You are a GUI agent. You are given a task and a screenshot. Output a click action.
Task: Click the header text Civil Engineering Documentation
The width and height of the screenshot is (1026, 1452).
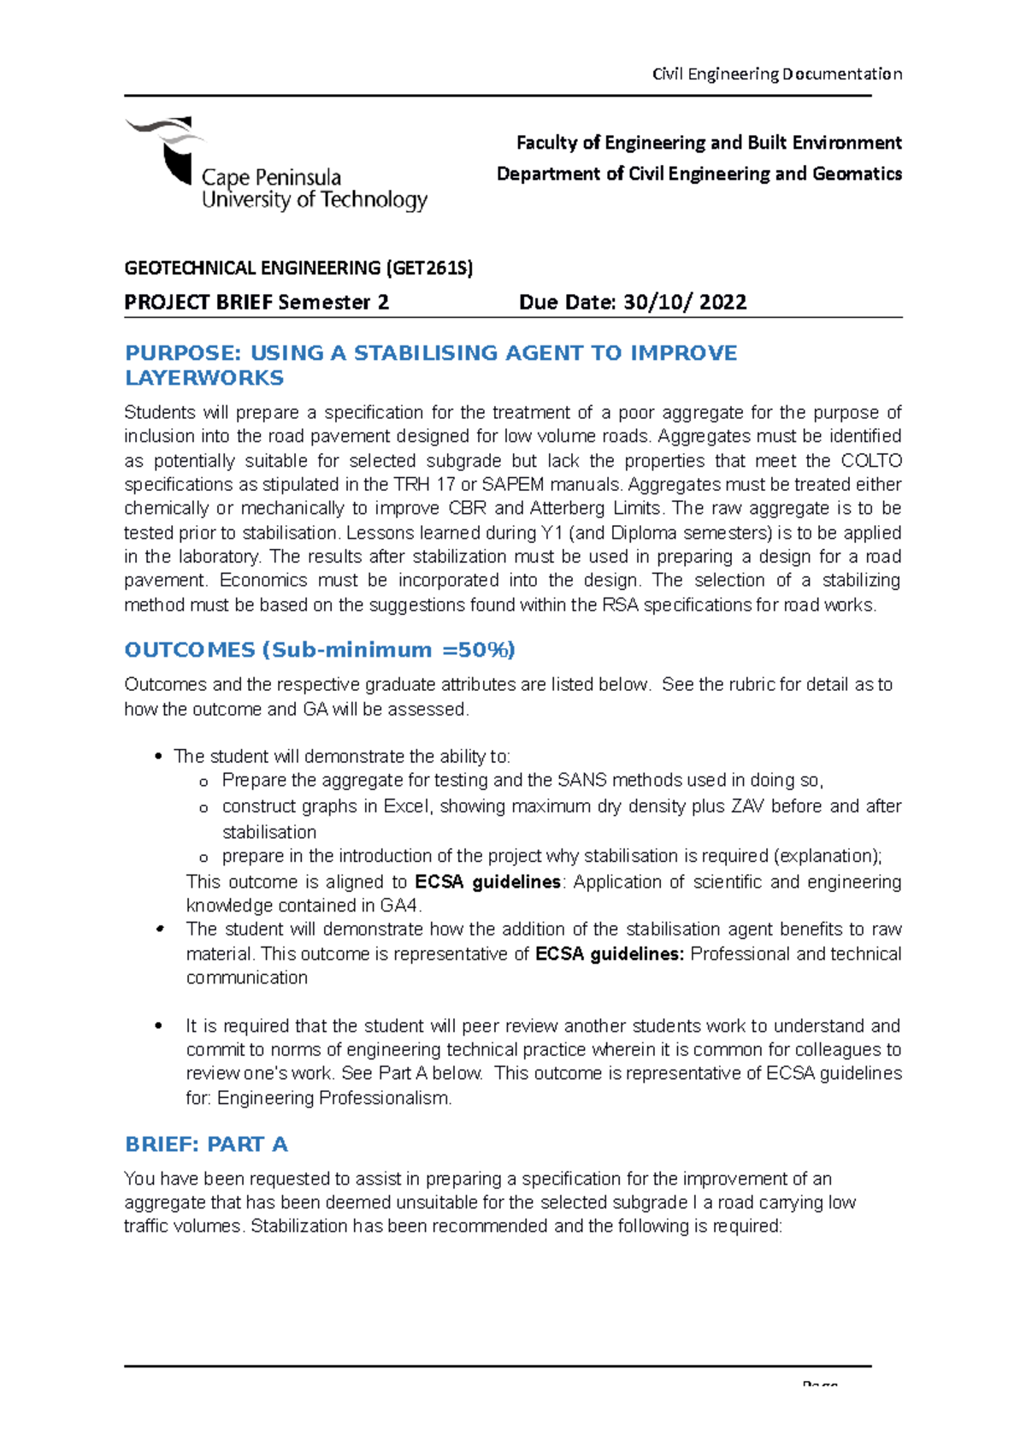pos(776,74)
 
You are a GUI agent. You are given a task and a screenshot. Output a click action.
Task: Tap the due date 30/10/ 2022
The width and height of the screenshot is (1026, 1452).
pos(685,302)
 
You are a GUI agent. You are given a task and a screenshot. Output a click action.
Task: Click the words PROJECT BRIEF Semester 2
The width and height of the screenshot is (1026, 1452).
pos(256,302)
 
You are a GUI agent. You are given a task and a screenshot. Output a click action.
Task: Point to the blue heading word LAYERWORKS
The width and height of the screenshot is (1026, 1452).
pos(204,378)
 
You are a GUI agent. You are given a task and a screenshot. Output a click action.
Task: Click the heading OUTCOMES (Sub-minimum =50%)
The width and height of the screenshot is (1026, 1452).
pos(319,650)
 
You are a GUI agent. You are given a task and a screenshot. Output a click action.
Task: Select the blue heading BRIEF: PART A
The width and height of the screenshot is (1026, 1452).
pos(206,1144)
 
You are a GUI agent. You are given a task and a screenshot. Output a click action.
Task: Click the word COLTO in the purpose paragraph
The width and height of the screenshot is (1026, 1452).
pos(871,461)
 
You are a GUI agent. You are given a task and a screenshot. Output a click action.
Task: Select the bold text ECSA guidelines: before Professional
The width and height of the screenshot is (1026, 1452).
pos(610,953)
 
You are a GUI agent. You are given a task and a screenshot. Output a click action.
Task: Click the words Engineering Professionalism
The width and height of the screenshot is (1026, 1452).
pos(333,1098)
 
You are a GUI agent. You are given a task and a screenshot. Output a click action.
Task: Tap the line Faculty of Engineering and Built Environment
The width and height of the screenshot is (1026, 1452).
pos(709,143)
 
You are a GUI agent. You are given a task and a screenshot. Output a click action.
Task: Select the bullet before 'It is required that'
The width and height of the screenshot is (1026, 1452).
pos(158,1026)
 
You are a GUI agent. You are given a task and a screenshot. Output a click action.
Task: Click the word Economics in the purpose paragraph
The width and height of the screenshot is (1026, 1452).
pos(263,581)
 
